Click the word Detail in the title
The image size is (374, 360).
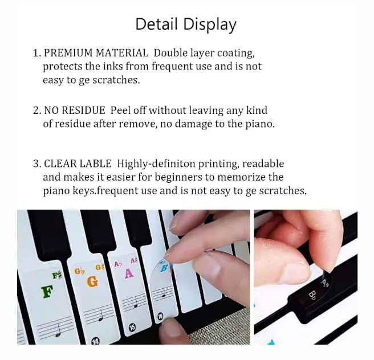(x=156, y=24)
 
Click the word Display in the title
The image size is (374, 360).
(x=210, y=25)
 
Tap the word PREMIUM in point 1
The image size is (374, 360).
(x=68, y=53)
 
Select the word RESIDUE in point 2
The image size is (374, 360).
(x=83, y=111)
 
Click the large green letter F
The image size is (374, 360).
(x=47, y=292)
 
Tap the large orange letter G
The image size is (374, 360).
(x=92, y=281)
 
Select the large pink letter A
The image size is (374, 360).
(x=129, y=273)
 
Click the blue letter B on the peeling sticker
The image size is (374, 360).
(x=164, y=268)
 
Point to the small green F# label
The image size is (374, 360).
(x=57, y=276)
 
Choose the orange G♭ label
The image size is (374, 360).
(x=80, y=271)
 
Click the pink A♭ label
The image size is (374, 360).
(x=118, y=264)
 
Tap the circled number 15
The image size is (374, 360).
(x=132, y=328)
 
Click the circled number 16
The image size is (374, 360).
(x=160, y=316)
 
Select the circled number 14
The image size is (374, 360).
(x=95, y=341)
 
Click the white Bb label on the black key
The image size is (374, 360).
(x=312, y=295)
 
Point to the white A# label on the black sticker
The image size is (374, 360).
(x=325, y=283)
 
